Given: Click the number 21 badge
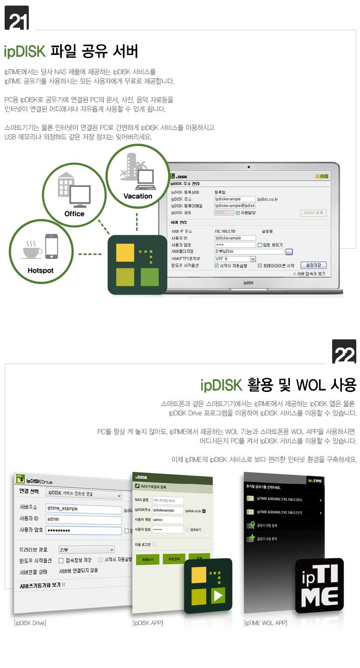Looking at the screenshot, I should pyautogui.click(x=16, y=18).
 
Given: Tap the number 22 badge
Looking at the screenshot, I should pyautogui.click(x=344, y=352).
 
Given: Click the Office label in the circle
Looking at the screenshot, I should pyautogui.click(x=74, y=214).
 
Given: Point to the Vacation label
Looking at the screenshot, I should pyautogui.click(x=137, y=196).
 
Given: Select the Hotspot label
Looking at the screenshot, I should pyautogui.click(x=40, y=271).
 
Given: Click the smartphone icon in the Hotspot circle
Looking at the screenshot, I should pyautogui.click(x=52, y=246).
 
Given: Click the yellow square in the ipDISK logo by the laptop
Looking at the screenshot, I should pyautogui.click(x=125, y=252).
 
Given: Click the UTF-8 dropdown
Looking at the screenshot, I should pyautogui.click(x=235, y=259).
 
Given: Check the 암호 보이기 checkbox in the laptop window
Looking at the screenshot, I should pyautogui.click(x=260, y=245).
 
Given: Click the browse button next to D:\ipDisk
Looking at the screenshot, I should pyautogui.click(x=289, y=252).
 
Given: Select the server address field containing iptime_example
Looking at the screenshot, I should pyautogui.click(x=84, y=509).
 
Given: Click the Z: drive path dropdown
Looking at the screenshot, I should pyautogui.click(x=86, y=549).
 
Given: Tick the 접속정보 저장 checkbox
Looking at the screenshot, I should pyautogui.click(x=61, y=560).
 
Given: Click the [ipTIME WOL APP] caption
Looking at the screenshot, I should pyautogui.click(x=265, y=623).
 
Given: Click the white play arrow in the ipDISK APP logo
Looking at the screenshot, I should pyautogui.click(x=218, y=595).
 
